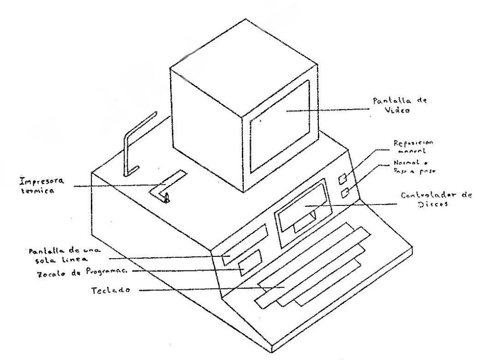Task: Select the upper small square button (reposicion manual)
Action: [343, 179]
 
